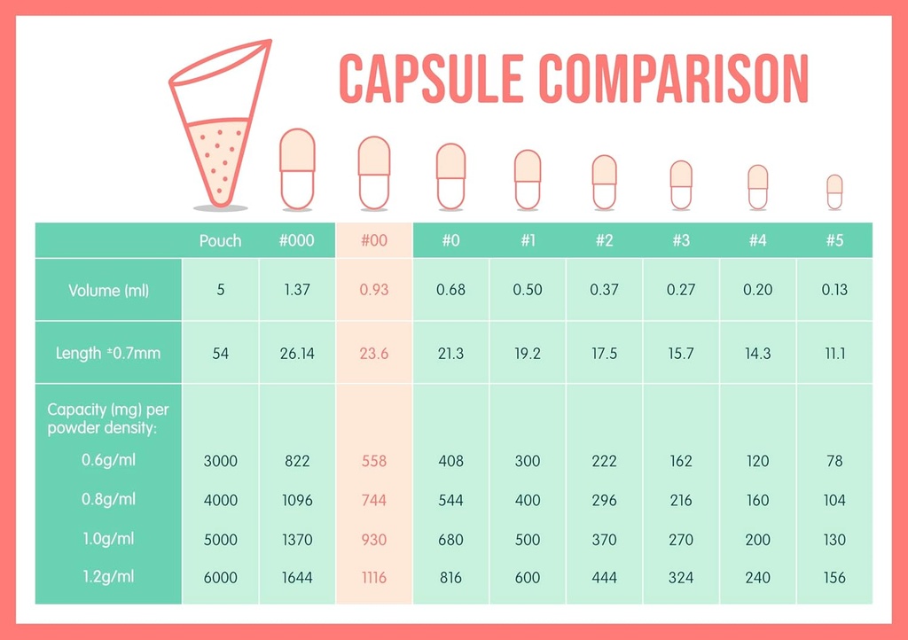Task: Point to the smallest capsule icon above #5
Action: (x=834, y=191)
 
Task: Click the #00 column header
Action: (x=374, y=240)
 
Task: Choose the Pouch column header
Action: (x=220, y=240)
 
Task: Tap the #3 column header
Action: (x=681, y=240)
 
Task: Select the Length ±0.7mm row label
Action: (x=108, y=353)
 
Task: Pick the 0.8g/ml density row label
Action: (x=109, y=499)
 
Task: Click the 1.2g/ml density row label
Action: (x=109, y=577)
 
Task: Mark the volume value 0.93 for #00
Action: (x=374, y=290)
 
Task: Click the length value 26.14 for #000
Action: (x=297, y=353)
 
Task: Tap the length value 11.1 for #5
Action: (x=834, y=353)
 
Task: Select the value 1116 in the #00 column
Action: (x=374, y=578)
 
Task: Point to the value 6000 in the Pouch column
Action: (x=220, y=578)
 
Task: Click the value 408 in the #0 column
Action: (x=450, y=461)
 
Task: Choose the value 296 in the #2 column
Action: (x=604, y=500)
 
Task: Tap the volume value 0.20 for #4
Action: (x=757, y=290)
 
